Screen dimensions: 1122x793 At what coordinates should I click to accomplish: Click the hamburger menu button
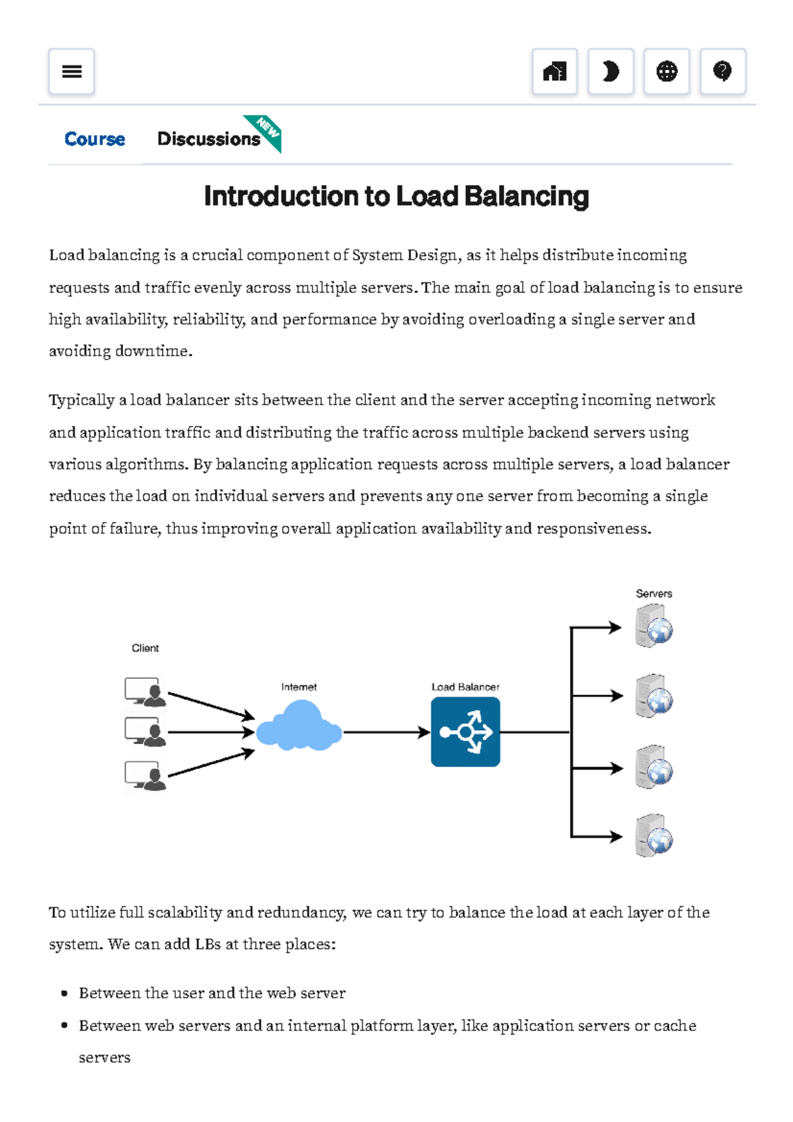(x=71, y=71)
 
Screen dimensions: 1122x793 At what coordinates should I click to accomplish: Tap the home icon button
(x=554, y=71)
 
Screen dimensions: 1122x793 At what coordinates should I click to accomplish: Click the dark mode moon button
(x=611, y=71)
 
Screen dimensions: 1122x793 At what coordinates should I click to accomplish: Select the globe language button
(x=667, y=71)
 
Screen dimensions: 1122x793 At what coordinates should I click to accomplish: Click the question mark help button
(x=723, y=71)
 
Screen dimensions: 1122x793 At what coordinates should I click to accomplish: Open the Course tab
(x=94, y=139)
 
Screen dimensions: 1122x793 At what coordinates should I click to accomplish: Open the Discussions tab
(x=208, y=139)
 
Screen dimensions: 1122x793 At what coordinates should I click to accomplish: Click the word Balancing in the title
(x=526, y=197)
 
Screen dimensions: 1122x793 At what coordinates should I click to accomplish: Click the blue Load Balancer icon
(x=465, y=732)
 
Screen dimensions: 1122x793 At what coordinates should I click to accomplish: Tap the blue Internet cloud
(x=299, y=727)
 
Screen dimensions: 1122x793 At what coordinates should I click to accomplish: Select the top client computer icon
(x=145, y=692)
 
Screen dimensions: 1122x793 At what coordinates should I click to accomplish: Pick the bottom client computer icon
(x=145, y=776)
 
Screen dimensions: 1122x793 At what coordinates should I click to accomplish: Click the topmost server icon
(x=654, y=626)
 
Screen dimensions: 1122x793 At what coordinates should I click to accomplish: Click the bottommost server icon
(x=654, y=836)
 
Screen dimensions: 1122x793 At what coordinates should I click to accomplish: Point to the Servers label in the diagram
(x=654, y=593)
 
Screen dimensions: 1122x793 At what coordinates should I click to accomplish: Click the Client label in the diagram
(x=145, y=648)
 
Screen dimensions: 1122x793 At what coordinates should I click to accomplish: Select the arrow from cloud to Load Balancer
(x=387, y=732)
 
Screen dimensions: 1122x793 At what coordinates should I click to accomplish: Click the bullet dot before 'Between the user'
(x=64, y=993)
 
